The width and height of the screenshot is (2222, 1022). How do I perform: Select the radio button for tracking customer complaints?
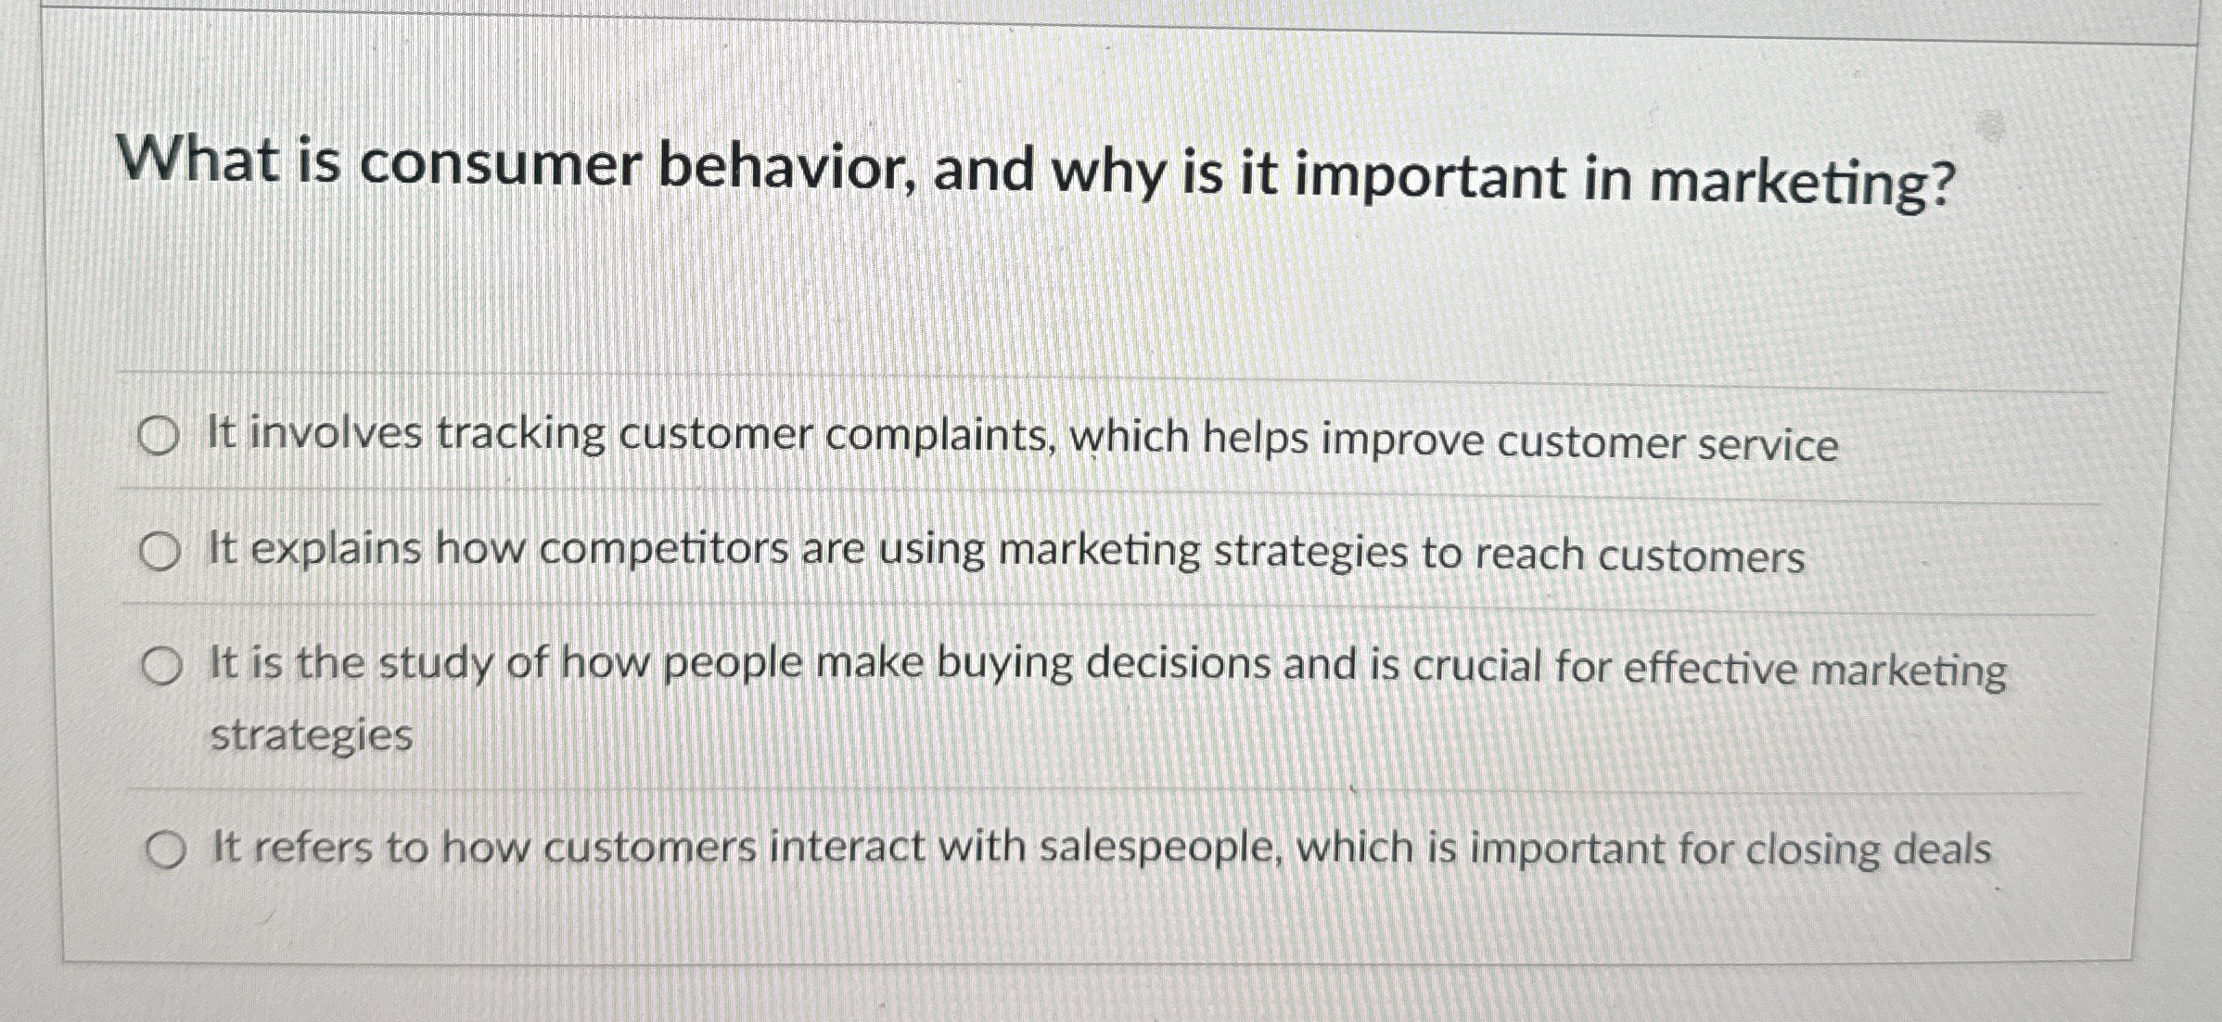pyautogui.click(x=158, y=437)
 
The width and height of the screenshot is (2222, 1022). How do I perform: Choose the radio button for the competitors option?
pyautogui.click(x=160, y=553)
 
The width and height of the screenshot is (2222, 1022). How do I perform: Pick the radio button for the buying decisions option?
pyautogui.click(x=162, y=667)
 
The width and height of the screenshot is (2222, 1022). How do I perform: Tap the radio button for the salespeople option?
pyautogui.click(x=165, y=850)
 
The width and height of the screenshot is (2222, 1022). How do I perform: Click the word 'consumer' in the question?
pyautogui.click(x=501, y=165)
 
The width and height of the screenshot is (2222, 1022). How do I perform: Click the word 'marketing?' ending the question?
pyautogui.click(x=1802, y=182)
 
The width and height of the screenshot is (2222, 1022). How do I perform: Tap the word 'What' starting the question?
pyautogui.click(x=198, y=160)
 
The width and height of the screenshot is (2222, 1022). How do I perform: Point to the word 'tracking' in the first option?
pyautogui.click(x=520, y=434)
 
